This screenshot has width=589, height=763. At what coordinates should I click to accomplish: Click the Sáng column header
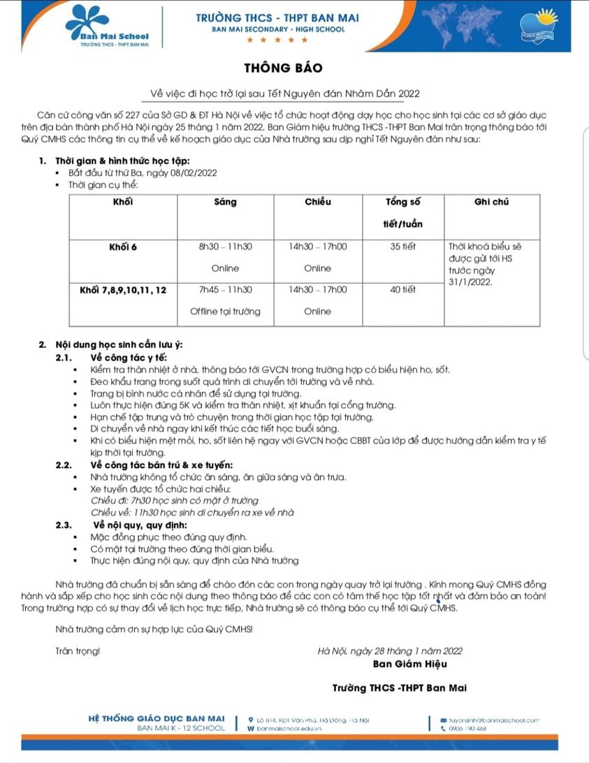pyautogui.click(x=226, y=203)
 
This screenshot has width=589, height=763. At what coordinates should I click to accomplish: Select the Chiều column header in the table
pyautogui.click(x=318, y=203)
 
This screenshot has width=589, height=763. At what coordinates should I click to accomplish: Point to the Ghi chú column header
pyautogui.click(x=491, y=203)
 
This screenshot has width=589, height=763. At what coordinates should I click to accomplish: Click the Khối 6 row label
pyautogui.click(x=122, y=247)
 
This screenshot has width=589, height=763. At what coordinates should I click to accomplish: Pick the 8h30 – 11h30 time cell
pyautogui.click(x=226, y=247)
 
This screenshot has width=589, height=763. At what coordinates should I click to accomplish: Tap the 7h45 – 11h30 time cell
pyautogui.click(x=226, y=289)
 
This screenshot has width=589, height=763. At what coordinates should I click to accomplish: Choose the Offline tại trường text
pyautogui.click(x=226, y=312)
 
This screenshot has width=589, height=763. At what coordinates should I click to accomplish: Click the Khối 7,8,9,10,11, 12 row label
pyautogui.click(x=122, y=289)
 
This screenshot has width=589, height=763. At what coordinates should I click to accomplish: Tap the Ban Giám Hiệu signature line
pyautogui.click(x=409, y=664)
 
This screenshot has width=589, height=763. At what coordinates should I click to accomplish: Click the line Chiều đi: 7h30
pyautogui.click(x=175, y=500)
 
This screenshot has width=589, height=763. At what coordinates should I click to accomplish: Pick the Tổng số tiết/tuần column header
pyautogui.click(x=404, y=213)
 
